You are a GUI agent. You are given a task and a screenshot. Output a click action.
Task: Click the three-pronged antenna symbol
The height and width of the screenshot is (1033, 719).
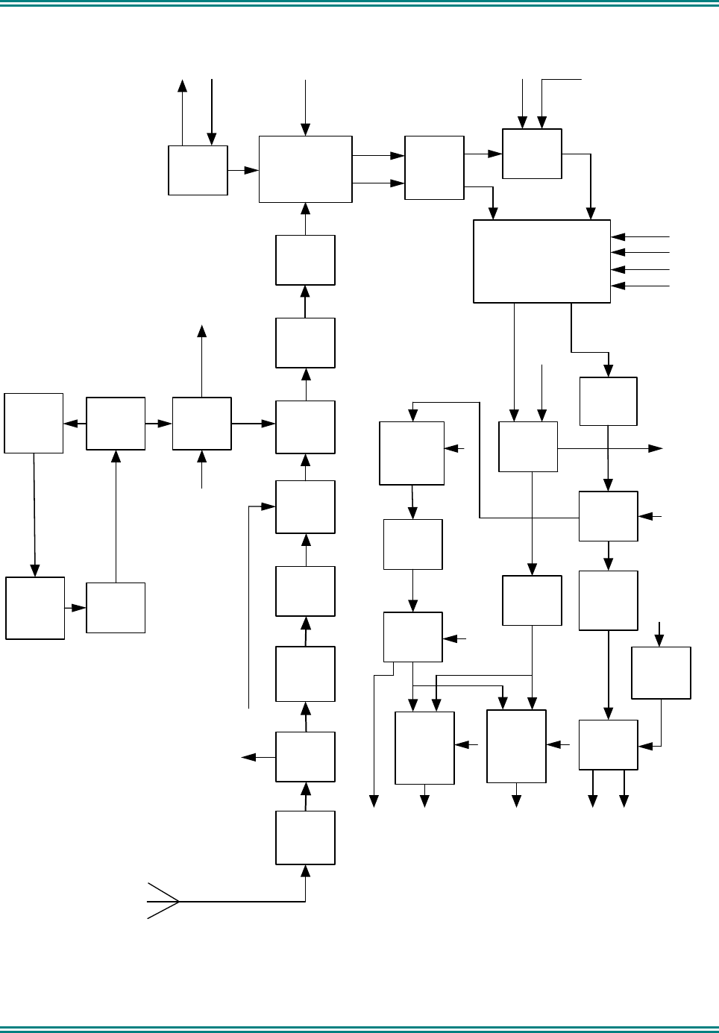[x=163, y=901]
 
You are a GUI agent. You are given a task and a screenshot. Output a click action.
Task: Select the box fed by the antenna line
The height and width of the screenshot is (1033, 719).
[x=305, y=838]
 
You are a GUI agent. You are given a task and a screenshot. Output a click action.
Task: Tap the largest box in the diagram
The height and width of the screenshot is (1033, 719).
[x=541, y=261]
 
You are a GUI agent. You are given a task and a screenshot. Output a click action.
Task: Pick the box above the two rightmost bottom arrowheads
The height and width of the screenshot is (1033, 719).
[x=608, y=744]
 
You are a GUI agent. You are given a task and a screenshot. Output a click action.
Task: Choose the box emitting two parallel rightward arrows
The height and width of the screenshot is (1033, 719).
[x=305, y=169]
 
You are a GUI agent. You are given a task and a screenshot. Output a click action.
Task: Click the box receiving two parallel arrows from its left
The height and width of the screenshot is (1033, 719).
[x=434, y=168]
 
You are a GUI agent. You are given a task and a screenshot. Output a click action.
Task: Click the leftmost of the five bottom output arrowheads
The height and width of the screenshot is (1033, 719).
[x=374, y=802]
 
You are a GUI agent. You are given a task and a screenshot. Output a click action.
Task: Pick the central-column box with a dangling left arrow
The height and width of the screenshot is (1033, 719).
[x=305, y=756]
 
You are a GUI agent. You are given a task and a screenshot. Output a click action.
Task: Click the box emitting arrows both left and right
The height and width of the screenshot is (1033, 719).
[x=116, y=424]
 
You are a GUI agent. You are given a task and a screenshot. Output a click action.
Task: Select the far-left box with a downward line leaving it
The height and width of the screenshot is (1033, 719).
[x=34, y=423]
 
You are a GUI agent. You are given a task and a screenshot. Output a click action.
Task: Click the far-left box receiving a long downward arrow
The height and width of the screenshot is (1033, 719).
[x=35, y=608]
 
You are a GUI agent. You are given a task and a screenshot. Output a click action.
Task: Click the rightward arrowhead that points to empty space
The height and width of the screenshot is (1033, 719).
[x=656, y=448]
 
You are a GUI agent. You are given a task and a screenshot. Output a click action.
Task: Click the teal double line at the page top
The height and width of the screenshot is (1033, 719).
[x=359, y=5]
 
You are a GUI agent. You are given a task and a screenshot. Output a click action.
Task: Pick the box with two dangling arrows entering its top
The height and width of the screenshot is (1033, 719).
[x=532, y=154]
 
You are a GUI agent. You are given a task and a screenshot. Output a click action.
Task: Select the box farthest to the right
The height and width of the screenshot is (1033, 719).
[x=661, y=673]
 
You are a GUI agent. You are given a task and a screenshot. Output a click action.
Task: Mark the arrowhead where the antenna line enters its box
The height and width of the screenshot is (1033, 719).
[x=305, y=870]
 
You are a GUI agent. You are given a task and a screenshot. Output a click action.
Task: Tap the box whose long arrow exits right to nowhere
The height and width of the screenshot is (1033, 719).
[x=527, y=447]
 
